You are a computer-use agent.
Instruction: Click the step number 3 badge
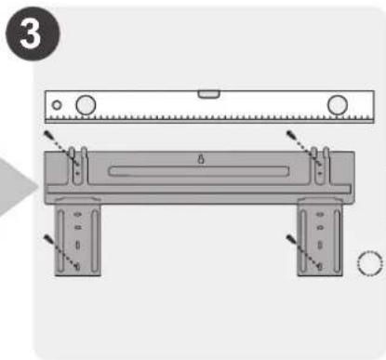(33, 33)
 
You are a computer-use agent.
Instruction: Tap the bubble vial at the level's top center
(209, 94)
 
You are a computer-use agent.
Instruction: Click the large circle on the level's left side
(86, 105)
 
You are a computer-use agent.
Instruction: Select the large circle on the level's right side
(338, 105)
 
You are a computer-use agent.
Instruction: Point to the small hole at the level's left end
(57, 105)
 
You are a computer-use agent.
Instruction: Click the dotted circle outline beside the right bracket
(370, 263)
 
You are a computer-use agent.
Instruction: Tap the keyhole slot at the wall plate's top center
(201, 159)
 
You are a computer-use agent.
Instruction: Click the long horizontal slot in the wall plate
(199, 171)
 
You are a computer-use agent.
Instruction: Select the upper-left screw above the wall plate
(48, 135)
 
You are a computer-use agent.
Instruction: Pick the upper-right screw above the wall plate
(291, 135)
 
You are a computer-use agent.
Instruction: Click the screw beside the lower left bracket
(48, 239)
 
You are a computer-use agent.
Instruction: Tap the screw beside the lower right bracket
(291, 239)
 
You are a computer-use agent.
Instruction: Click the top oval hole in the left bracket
(77, 214)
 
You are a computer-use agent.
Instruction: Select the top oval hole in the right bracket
(320, 214)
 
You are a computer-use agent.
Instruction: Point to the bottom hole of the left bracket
(77, 266)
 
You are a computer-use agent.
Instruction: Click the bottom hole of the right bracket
(320, 266)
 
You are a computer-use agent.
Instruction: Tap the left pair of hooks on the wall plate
(78, 166)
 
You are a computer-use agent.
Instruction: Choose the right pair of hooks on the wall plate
(320, 166)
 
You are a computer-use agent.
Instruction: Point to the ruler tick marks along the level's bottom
(209, 118)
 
